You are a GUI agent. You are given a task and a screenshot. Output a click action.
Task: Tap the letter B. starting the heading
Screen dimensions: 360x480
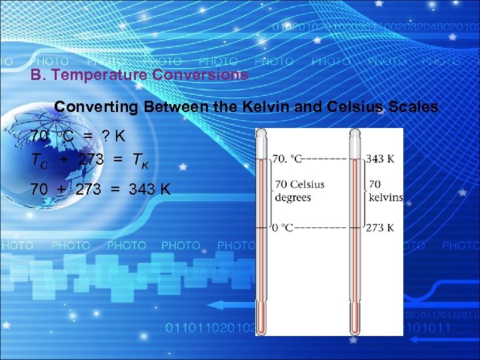click(39, 75)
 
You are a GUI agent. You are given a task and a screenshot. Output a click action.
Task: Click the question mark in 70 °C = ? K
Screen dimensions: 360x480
click(105, 136)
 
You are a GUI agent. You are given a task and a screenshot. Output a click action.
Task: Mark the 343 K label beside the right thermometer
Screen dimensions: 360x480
click(380, 159)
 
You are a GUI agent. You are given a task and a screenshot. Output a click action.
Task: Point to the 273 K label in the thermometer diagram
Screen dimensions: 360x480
click(379, 227)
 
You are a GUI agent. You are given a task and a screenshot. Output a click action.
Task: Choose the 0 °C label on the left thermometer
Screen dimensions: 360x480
click(282, 227)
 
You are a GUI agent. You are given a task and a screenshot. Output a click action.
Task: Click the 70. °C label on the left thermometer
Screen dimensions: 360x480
click(287, 159)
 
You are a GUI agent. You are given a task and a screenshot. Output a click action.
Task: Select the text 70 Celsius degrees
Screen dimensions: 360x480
click(299, 191)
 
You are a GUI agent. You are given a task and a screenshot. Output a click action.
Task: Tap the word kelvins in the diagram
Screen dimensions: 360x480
click(385, 197)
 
